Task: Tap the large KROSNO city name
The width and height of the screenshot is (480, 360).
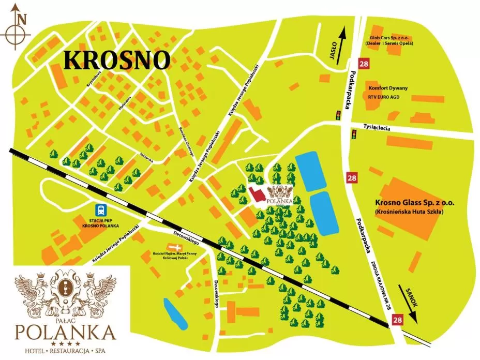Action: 116,60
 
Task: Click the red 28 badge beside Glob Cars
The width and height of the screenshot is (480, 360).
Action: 364,64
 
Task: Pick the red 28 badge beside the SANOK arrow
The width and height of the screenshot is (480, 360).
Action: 397,320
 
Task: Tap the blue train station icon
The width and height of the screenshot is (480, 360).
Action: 100,210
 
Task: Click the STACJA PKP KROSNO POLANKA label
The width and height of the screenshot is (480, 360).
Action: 100,223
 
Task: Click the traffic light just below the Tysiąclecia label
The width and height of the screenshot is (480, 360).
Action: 354,135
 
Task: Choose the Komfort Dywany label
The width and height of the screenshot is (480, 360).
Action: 388,88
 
